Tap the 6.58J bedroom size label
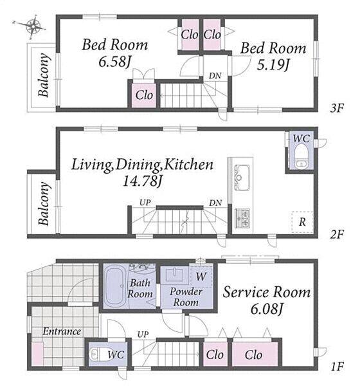(x=114, y=62)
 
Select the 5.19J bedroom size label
(x=273, y=65)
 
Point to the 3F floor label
(x=337, y=108)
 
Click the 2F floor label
(x=337, y=234)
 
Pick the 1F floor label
(x=337, y=367)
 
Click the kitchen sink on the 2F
(x=242, y=178)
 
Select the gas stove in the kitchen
(x=242, y=218)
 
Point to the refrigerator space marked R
(x=302, y=222)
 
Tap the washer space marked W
(x=201, y=276)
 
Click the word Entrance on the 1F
(x=62, y=331)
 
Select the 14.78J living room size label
(x=142, y=181)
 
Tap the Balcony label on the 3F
(x=44, y=75)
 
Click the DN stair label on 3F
(x=215, y=76)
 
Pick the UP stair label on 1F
(x=143, y=335)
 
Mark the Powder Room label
(x=186, y=297)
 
